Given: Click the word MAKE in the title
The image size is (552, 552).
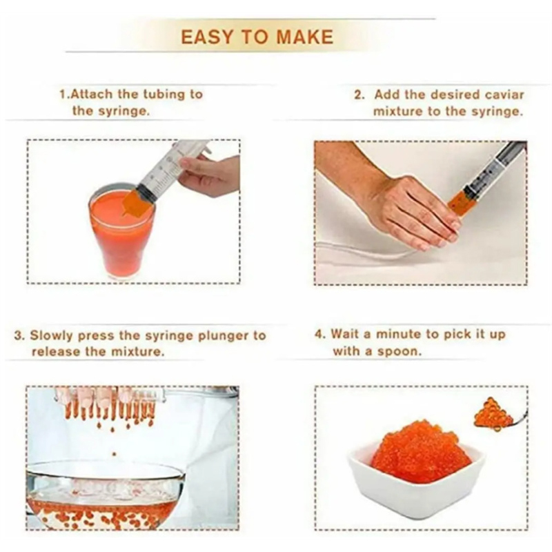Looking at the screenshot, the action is (x=305, y=37).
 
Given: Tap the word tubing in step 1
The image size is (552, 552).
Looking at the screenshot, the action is (x=164, y=95).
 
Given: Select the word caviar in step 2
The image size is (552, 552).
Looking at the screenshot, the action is (x=504, y=95).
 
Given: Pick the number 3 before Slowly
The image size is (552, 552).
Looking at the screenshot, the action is (x=19, y=335).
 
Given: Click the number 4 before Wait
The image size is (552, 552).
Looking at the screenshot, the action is (x=319, y=334).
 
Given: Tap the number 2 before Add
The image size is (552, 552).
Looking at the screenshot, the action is (x=359, y=95).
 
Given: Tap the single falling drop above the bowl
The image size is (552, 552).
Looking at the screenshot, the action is (x=114, y=455).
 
